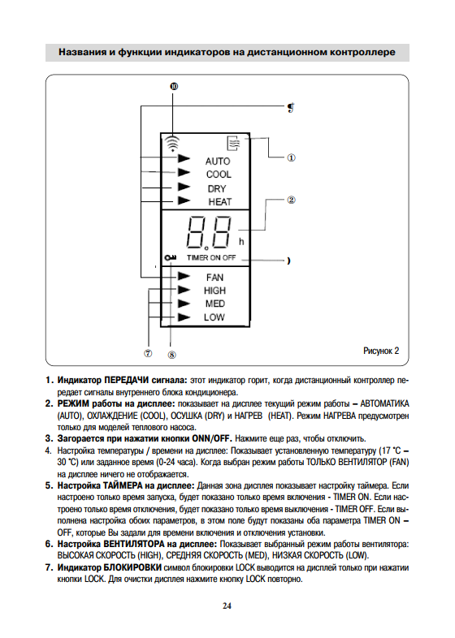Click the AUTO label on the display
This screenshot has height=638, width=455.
pos(218,162)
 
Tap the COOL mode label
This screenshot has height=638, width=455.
pos(219,175)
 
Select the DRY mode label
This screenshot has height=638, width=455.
pos(217,189)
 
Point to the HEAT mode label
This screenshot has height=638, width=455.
pos(220,202)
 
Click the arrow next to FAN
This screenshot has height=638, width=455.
pos(184,276)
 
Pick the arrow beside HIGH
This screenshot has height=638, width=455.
pos(184,290)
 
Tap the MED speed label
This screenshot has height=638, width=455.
pos(215,304)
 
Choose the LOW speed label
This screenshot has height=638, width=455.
pos(214,317)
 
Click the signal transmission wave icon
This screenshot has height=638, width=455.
pos(173,143)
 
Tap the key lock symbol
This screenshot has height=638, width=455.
pos(171,257)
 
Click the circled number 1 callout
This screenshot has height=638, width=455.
pos(291,157)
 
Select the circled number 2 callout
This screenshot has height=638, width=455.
pos(291,200)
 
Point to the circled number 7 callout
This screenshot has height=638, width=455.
pos(148,353)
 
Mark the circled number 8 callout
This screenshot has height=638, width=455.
pos(172,355)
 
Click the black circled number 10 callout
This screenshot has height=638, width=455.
pos(174,86)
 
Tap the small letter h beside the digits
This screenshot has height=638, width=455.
pos(241,242)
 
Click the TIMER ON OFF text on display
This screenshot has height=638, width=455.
pos(211,257)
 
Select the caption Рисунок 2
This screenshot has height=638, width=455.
pos(381,351)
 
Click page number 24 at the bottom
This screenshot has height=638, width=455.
pos(227,606)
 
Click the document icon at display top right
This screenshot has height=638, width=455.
pos(233,143)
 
